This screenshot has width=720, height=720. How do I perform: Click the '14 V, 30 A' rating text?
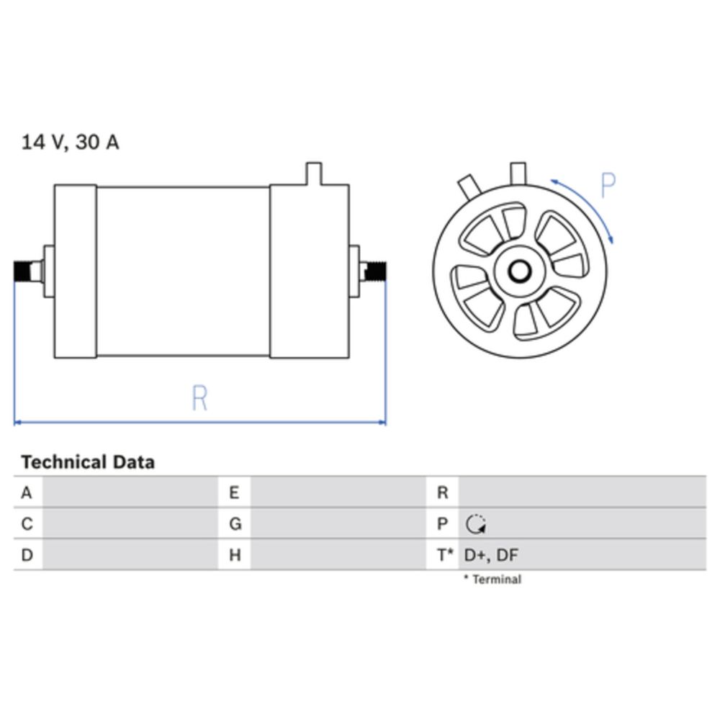pyautogui.click(x=71, y=142)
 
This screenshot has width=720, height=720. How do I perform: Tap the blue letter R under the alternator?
pyautogui.click(x=199, y=397)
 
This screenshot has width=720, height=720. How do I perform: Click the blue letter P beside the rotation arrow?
pyautogui.click(x=608, y=185)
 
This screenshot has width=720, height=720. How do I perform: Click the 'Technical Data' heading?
pyautogui.click(x=88, y=462)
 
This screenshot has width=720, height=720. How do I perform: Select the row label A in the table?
pyautogui.click(x=27, y=492)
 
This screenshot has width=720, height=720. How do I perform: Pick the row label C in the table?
pyautogui.click(x=27, y=523)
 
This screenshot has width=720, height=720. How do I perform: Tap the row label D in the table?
pyautogui.click(x=27, y=554)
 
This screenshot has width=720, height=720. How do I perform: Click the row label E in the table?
pyautogui.click(x=234, y=492)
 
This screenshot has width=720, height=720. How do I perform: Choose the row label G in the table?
pyautogui.click(x=235, y=523)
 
